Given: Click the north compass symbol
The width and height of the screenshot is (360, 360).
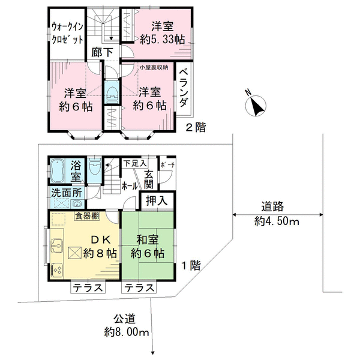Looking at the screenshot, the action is tap(256, 106).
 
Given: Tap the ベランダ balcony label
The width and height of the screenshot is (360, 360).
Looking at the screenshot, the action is tap(184, 88).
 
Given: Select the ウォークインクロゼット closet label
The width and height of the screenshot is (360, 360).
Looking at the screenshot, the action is tap(67, 33).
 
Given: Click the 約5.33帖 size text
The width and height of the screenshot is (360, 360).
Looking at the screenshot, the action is tap(163, 40).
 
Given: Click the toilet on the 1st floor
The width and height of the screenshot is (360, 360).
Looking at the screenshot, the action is tap(94, 166).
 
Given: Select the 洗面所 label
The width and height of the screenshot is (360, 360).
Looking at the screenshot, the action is tap(67, 193).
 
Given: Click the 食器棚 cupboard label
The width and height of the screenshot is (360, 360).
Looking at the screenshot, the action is tap(87, 216).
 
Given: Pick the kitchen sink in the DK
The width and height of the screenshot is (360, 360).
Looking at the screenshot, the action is tap(56, 245).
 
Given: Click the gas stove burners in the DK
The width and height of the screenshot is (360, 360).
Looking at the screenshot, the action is tap(57, 269).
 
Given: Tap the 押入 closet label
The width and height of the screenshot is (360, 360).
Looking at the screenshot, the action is tap(157, 201).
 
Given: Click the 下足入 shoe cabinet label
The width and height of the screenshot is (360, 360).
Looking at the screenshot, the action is tap(135, 164).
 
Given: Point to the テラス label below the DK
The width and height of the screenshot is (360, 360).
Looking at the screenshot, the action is tap(88, 287).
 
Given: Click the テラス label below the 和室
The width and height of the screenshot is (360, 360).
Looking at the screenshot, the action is tap(139, 287).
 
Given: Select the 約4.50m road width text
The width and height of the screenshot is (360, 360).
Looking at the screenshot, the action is tap(277, 222).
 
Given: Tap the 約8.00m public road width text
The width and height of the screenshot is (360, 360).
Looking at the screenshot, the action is tap(127, 332).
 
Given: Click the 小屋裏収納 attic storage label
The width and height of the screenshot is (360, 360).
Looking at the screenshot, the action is tap(154, 67).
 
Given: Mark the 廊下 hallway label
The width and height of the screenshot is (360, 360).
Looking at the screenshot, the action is tap(103, 52).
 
